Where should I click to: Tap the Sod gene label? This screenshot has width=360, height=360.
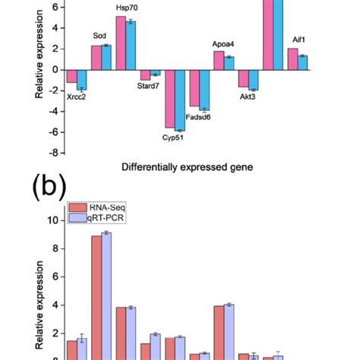click(99, 36)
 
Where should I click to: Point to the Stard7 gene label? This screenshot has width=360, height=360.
click(148, 87)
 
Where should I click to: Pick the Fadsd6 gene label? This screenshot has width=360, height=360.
click(198, 117)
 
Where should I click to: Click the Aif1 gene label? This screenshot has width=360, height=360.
click(301, 39)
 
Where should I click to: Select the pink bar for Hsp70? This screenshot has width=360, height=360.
click(121, 43)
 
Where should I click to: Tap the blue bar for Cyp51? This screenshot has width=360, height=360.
click(180, 100)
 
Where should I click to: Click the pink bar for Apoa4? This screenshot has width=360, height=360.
click(219, 60)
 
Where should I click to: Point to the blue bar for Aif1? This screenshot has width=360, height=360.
click(302, 62)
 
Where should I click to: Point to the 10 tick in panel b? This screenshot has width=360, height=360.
click(52, 220)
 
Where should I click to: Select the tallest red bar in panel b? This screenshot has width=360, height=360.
click(97, 297)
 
